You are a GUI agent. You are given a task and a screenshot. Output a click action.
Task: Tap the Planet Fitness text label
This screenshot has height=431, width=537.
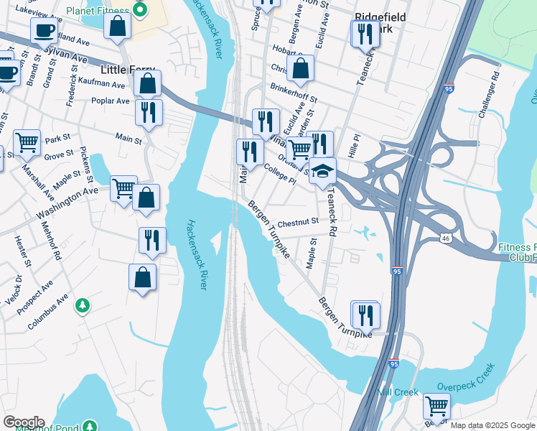pos(98,11)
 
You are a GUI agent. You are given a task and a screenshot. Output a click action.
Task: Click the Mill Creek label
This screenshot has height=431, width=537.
pos(397,392)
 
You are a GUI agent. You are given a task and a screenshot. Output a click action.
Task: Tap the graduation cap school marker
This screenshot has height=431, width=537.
pos(323,171)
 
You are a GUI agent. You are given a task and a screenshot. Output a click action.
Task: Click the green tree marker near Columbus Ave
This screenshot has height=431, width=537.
pos(83,306)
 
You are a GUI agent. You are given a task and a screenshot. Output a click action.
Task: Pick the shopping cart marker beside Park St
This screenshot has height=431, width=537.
pos(27,143)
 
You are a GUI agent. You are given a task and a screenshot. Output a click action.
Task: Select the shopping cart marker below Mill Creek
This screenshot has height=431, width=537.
pos(436,407)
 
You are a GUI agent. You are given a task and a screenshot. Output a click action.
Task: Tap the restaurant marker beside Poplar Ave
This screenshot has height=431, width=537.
pos(149,112)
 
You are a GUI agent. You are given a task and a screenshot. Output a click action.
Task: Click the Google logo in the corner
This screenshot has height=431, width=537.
pos(23,422)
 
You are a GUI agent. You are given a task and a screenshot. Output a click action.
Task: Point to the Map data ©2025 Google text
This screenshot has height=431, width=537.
pos(492,425)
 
